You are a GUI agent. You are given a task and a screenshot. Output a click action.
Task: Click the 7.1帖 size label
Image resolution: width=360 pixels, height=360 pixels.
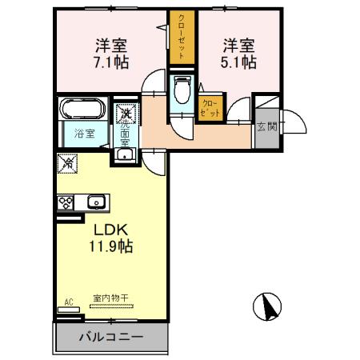[x=112, y=61]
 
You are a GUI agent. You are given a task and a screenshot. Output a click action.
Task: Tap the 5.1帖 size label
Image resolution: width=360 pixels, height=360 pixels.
[x=239, y=61]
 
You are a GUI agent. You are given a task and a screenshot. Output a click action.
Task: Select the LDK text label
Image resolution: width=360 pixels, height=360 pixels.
[x=110, y=230]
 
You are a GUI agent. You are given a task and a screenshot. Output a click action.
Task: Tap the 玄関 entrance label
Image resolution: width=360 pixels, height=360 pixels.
[x=266, y=126]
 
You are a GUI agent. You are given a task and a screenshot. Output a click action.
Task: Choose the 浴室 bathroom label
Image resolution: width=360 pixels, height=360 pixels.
[x=85, y=134]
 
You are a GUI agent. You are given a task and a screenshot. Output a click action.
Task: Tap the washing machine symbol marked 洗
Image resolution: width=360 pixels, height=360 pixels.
[x=126, y=114]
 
